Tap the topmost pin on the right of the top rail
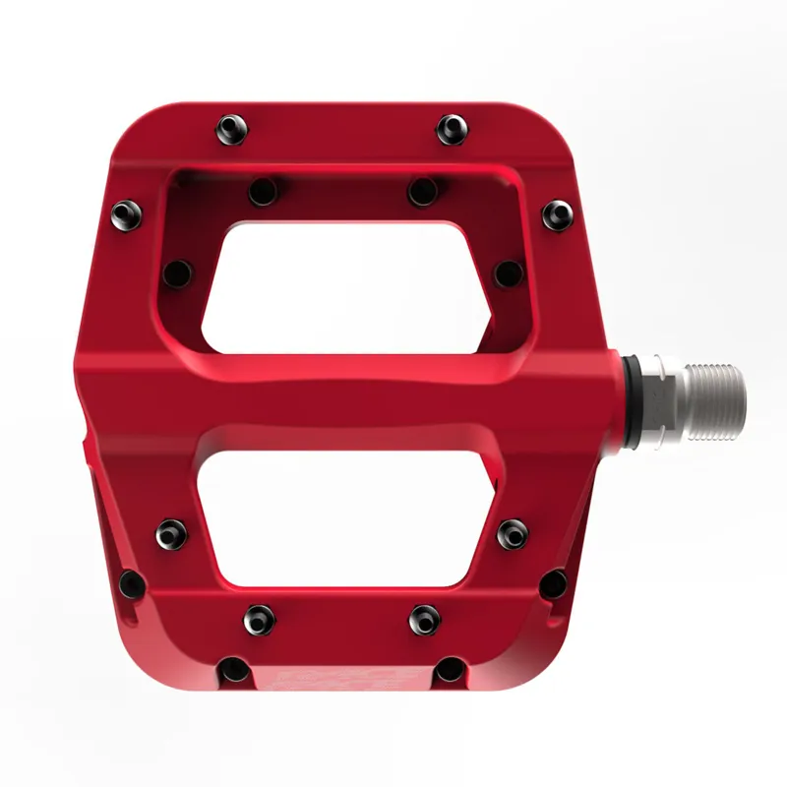pos(452,127)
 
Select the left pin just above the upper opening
pos(263,190)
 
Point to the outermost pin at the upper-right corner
pos(557,213)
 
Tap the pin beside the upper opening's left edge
pos(178,272)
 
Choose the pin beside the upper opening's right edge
pos(508,272)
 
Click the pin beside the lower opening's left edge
pos(172,532)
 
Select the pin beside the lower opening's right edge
pos(512,532)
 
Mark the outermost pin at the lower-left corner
pos(132,583)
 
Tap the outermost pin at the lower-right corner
pos(554,581)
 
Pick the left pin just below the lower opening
pos(260,618)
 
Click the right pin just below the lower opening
pos(425,618)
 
